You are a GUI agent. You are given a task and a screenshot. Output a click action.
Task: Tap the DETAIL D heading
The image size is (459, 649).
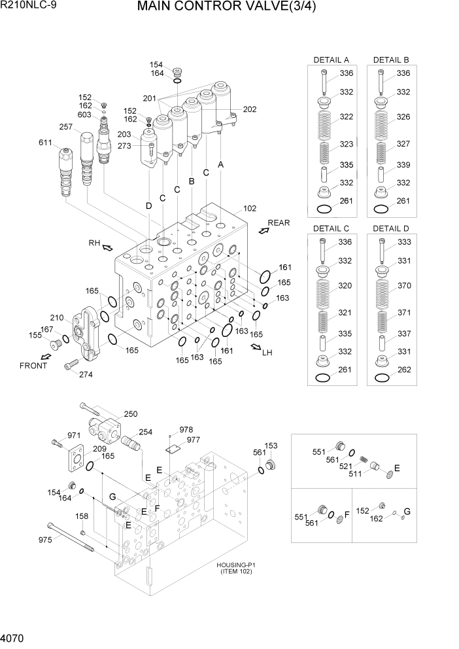tap(391, 228)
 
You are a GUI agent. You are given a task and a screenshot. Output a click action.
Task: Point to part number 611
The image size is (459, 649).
tap(46, 142)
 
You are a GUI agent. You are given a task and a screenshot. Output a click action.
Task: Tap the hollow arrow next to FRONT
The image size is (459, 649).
tap(45, 357)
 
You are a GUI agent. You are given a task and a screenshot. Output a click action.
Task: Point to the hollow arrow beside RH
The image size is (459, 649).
tap(107, 247)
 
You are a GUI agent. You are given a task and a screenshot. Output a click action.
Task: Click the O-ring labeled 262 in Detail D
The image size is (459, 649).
tap(382, 378)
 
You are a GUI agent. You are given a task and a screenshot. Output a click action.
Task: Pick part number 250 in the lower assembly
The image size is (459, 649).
tap(131, 414)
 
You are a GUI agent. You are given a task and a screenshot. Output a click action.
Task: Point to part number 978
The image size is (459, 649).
tap(186, 429)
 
